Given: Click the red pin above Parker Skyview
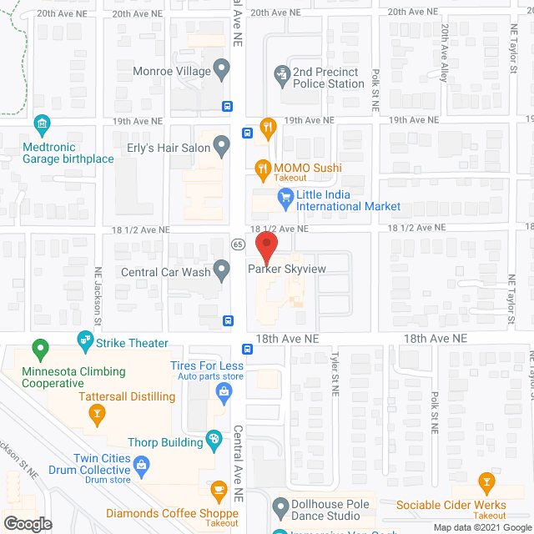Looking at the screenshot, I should (265, 247).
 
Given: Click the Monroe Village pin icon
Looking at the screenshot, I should (221, 68).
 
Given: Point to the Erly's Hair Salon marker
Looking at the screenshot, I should (221, 147).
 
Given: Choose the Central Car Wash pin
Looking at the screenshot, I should (221, 270).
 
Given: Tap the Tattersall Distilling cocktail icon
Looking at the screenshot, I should (97, 411).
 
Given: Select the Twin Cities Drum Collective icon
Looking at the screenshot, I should (142, 463).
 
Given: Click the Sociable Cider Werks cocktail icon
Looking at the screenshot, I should (486, 482).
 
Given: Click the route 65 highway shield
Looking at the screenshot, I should (238, 244).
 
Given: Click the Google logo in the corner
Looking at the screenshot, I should (28, 523).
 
